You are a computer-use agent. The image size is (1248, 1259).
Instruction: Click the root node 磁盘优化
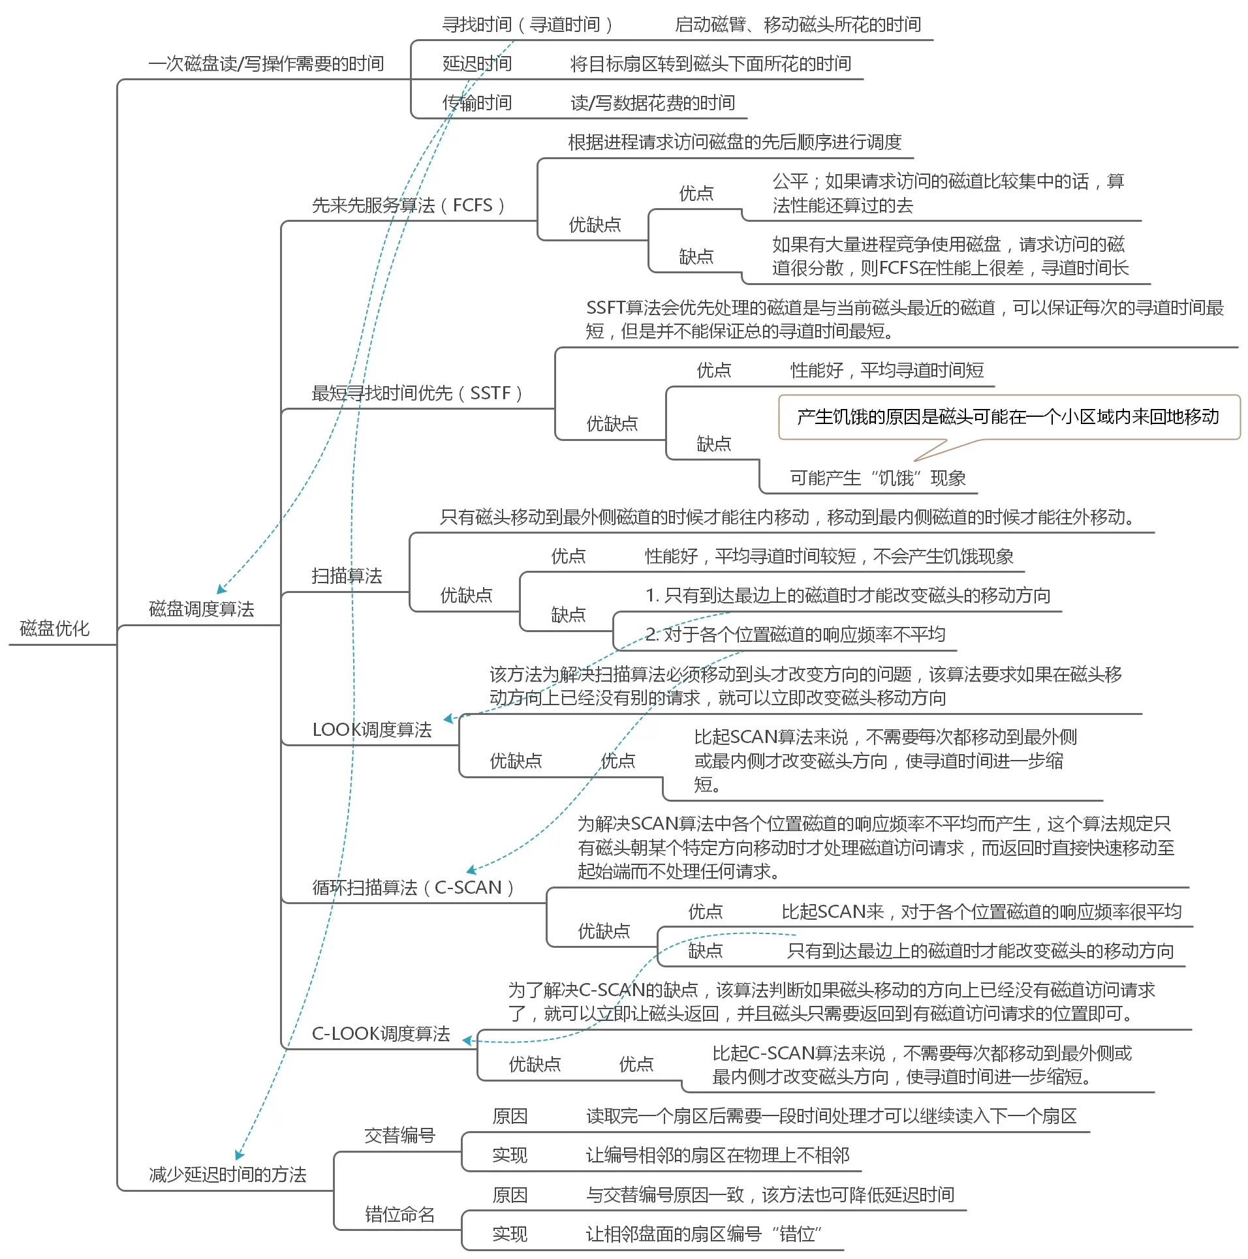coord(54,628)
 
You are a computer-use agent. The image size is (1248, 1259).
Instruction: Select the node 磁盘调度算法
coord(201,609)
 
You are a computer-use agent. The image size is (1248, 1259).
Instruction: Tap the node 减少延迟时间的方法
coord(227,1174)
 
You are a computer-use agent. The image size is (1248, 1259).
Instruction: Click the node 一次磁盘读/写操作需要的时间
coord(266,64)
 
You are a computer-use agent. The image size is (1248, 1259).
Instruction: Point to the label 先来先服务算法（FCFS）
coord(409,205)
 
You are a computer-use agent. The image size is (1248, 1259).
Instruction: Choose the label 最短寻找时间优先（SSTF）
coord(418,393)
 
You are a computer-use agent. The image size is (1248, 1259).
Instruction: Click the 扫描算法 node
coord(347,575)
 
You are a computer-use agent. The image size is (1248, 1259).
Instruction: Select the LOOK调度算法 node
coord(372,729)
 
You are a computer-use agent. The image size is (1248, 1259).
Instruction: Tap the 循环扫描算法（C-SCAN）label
coord(414,888)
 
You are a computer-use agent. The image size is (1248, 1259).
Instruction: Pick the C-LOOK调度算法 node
coord(381,1033)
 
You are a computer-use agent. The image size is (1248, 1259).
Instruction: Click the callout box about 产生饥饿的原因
coord(1008,417)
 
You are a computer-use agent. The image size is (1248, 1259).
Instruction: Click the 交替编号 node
coord(399,1136)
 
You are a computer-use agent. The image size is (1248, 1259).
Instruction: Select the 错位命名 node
coord(399,1214)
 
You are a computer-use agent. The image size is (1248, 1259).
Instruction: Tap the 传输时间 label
coord(476,103)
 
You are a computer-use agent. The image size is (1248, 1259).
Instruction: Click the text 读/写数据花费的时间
coord(653,103)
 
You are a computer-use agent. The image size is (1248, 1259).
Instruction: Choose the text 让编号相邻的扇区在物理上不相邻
coord(717,1155)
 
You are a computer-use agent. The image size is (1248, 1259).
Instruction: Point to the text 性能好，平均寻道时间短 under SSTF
coord(887,371)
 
